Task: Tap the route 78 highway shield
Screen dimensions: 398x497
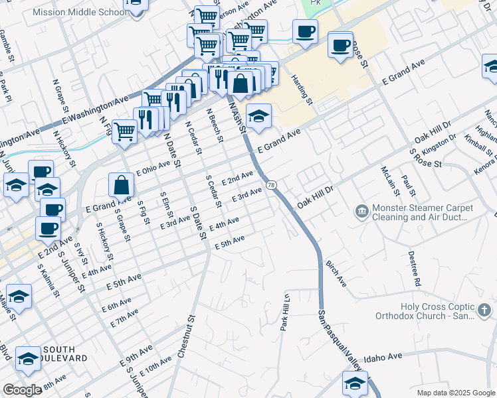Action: [x=271, y=184]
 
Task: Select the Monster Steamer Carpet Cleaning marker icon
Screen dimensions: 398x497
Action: [x=361, y=212]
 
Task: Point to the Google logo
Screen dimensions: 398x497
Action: [x=22, y=390]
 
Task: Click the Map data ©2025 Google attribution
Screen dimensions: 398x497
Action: [x=455, y=393]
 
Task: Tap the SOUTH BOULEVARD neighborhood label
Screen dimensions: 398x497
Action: [x=65, y=354]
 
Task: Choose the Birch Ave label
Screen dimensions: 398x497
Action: [x=336, y=273]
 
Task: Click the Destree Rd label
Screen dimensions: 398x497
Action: [x=415, y=268]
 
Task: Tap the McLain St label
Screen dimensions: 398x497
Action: [x=388, y=182]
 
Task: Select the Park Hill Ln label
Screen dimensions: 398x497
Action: [x=284, y=312]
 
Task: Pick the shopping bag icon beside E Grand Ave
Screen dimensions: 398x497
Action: [x=122, y=185]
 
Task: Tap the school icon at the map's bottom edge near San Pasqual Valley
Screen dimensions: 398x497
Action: [x=355, y=383]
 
